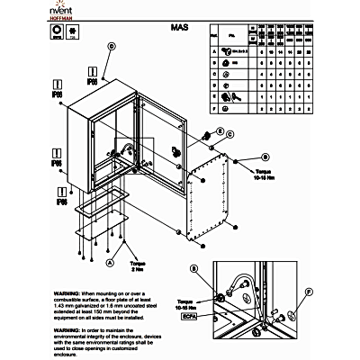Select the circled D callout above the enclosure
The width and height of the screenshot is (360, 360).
pyautogui.click(x=112, y=46)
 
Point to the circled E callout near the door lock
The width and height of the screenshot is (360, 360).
pyautogui.click(x=230, y=134)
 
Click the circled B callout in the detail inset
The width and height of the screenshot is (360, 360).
pyautogui.click(x=194, y=269)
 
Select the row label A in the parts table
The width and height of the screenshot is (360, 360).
pyautogui.click(x=213, y=51)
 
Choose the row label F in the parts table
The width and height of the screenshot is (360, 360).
pyautogui.click(x=213, y=109)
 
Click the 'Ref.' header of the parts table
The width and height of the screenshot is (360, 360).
pyautogui.click(x=213, y=36)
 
